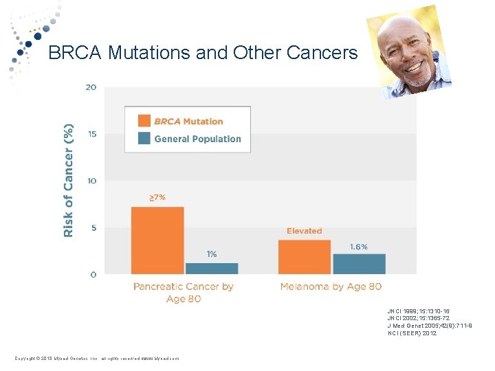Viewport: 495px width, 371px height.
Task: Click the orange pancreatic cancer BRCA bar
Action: tap(157, 240)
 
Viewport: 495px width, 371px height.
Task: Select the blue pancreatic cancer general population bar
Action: tap(212, 268)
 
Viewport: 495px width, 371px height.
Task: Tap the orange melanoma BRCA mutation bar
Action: tap(305, 257)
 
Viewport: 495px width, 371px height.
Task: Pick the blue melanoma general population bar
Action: tap(359, 264)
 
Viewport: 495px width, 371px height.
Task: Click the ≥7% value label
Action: tap(157, 198)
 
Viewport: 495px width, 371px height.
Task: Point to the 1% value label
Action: tap(212, 254)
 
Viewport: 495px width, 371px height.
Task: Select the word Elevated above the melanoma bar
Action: tap(304, 231)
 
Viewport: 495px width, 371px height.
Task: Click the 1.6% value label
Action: tap(359, 246)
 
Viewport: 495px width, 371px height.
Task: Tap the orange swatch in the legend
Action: tap(144, 121)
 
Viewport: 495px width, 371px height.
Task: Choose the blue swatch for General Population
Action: tap(144, 138)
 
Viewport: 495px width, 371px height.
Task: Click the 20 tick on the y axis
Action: tap(91, 87)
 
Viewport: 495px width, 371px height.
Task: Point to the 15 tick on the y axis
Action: tap(91, 134)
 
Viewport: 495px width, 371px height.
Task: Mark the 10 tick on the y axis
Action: tap(91, 181)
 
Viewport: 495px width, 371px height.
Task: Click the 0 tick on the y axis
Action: tap(92, 274)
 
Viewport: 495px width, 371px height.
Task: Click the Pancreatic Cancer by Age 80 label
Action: tap(184, 292)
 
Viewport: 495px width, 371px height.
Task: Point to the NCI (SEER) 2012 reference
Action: tap(412, 333)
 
